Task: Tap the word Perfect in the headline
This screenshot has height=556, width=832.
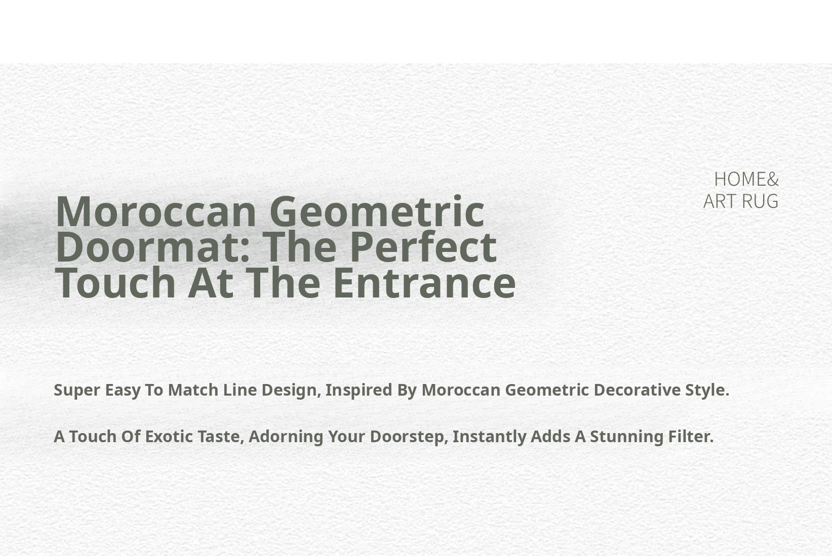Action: [424, 247]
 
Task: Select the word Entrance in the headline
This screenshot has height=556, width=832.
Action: [424, 282]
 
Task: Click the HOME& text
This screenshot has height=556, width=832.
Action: [746, 179]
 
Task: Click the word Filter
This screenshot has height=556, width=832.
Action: [691, 437]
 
